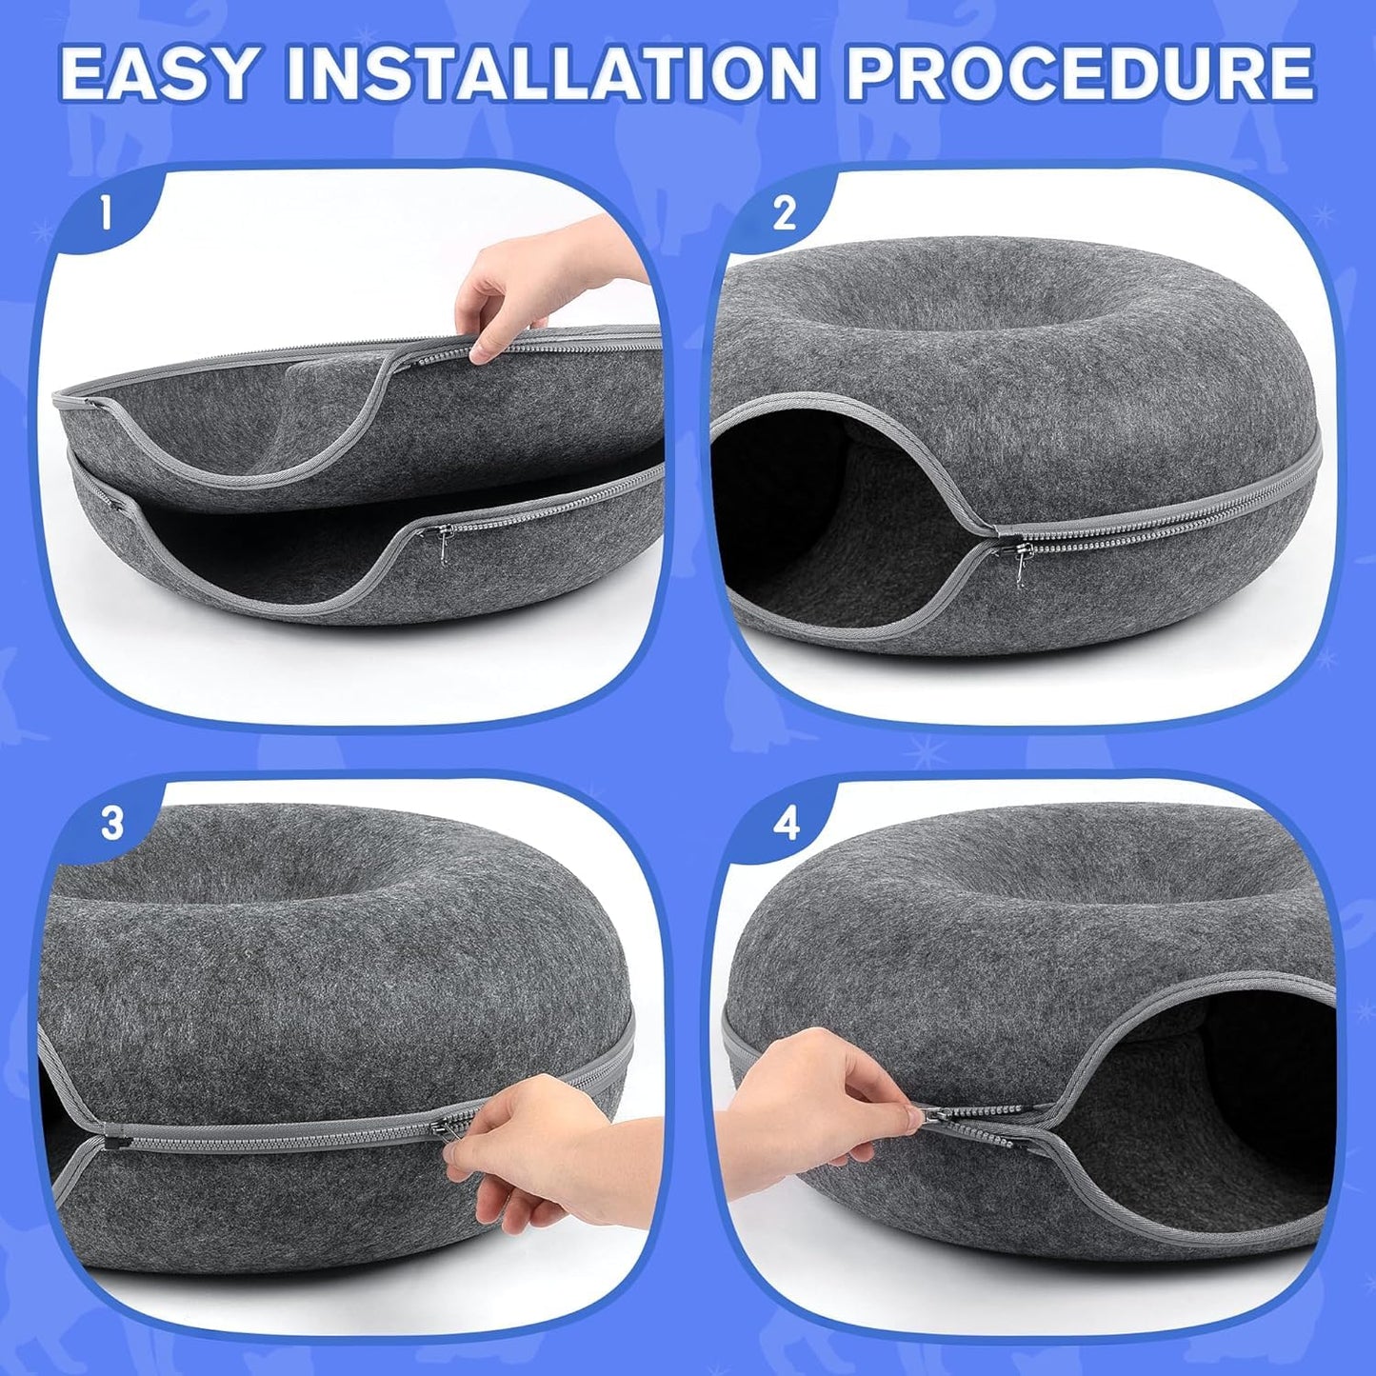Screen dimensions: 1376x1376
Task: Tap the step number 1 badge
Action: pos(106,213)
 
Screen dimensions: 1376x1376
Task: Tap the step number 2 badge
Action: pos(784,213)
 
